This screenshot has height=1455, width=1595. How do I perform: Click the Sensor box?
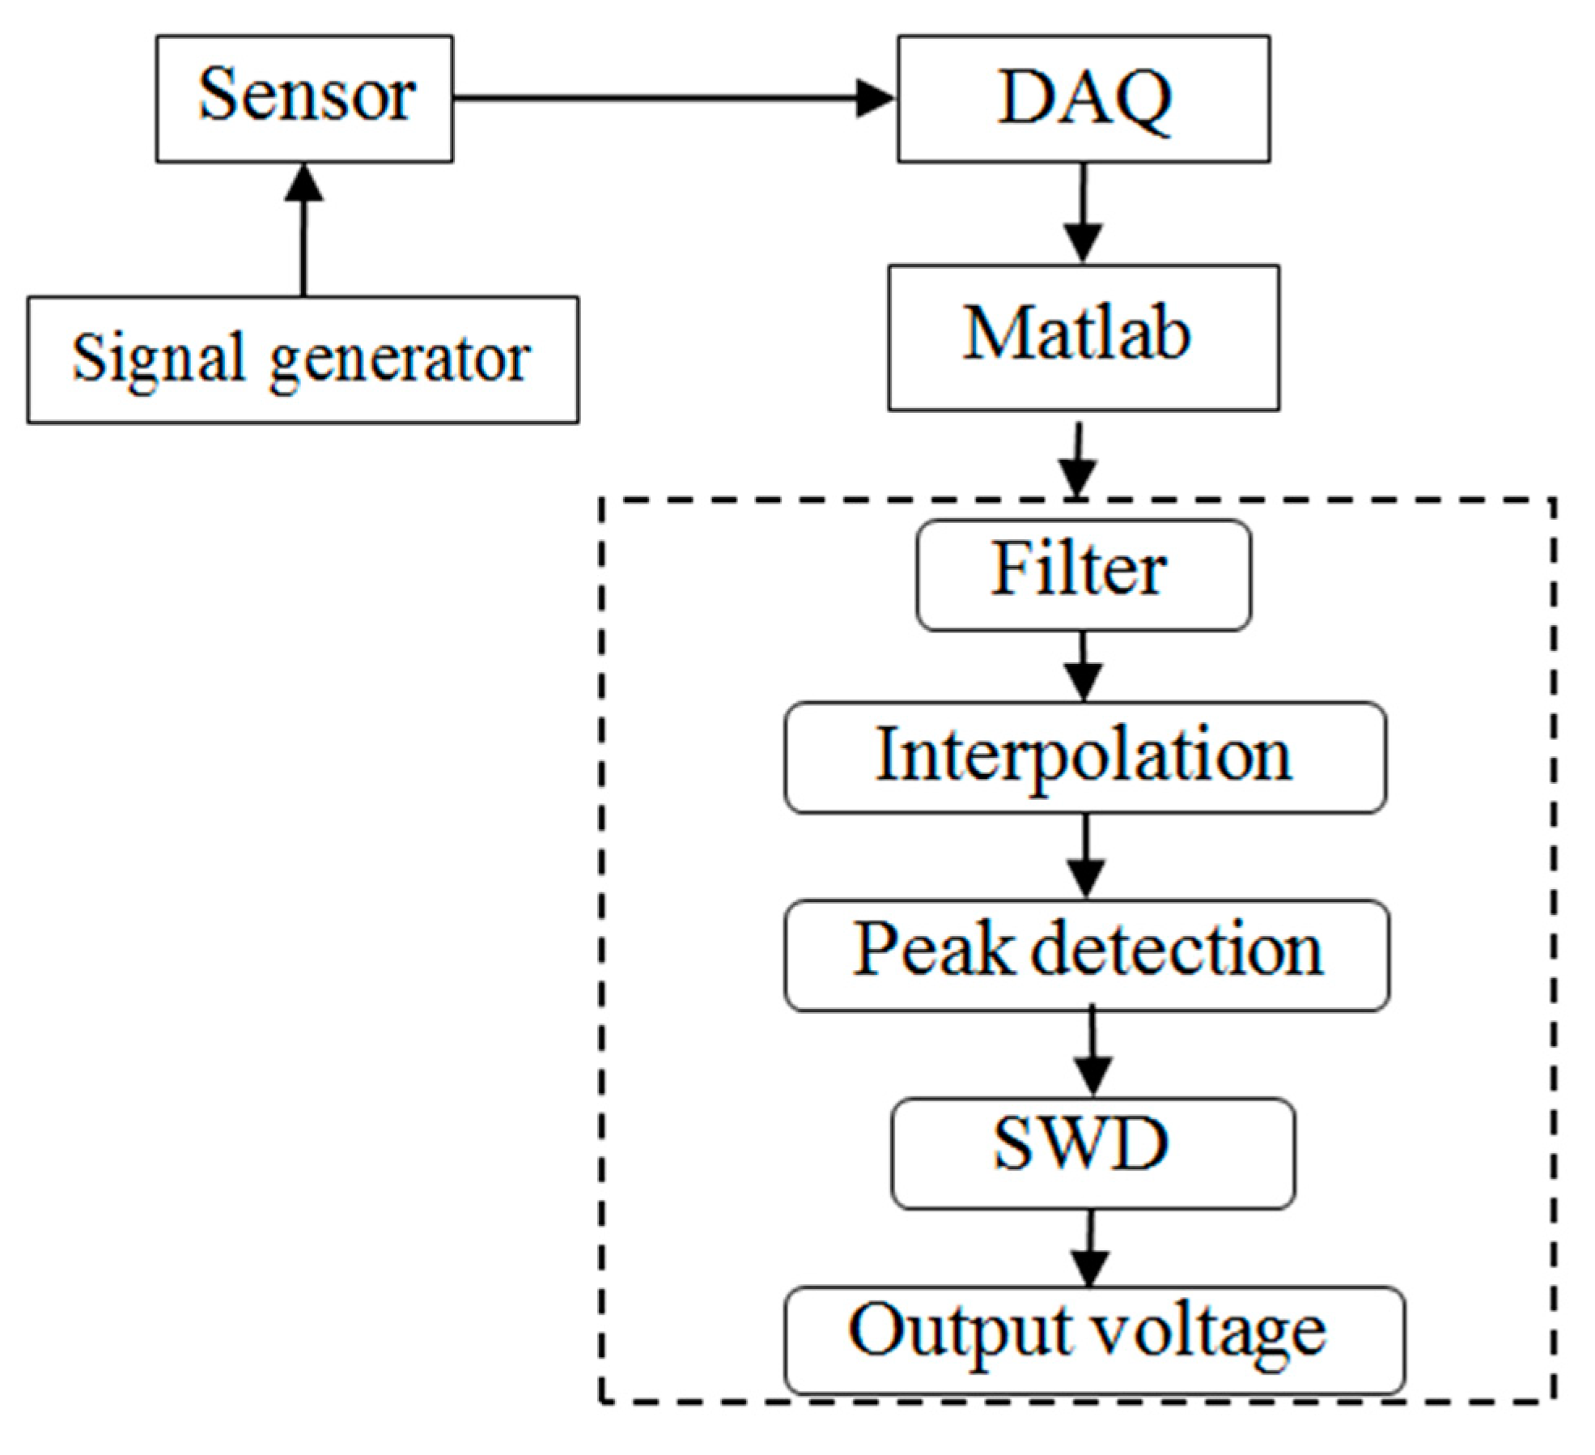[x=304, y=99]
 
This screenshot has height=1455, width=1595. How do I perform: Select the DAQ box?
[x=1083, y=99]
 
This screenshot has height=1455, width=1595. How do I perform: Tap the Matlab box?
[x=1083, y=337]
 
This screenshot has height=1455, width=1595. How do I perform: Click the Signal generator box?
[x=303, y=359]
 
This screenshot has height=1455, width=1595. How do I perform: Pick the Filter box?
[x=1083, y=575]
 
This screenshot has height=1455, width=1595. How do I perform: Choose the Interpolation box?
[x=1084, y=757]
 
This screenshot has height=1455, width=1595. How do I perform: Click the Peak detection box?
[x=1086, y=955]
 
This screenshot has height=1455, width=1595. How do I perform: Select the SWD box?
[x=1092, y=1153]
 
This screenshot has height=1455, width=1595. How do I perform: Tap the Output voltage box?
[x=1094, y=1340]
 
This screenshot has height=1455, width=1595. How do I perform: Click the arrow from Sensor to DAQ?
[x=672, y=99]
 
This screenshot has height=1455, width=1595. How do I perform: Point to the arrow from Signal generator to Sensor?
[x=303, y=230]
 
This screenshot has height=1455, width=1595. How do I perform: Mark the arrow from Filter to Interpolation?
[x=1083, y=666]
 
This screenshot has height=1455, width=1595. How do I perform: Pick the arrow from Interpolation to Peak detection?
[x=1085, y=856]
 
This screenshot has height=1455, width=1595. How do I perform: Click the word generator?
[x=400, y=360]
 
